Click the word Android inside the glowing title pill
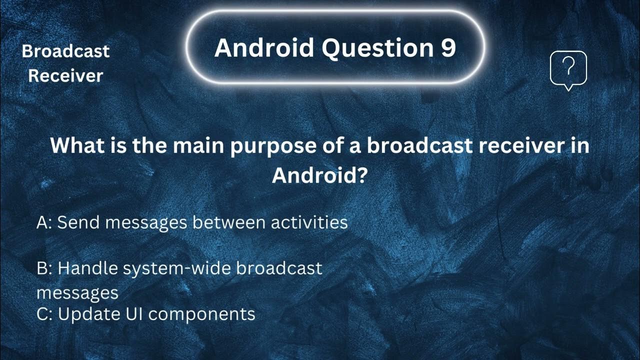(x=263, y=48)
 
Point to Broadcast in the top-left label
(x=65, y=51)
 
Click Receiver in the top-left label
(x=65, y=76)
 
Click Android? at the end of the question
(x=320, y=175)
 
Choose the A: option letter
(x=44, y=222)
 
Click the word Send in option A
(x=79, y=222)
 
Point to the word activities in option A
(x=309, y=222)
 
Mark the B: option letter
(x=44, y=268)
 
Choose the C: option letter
(x=44, y=314)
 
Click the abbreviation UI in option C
(x=129, y=314)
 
